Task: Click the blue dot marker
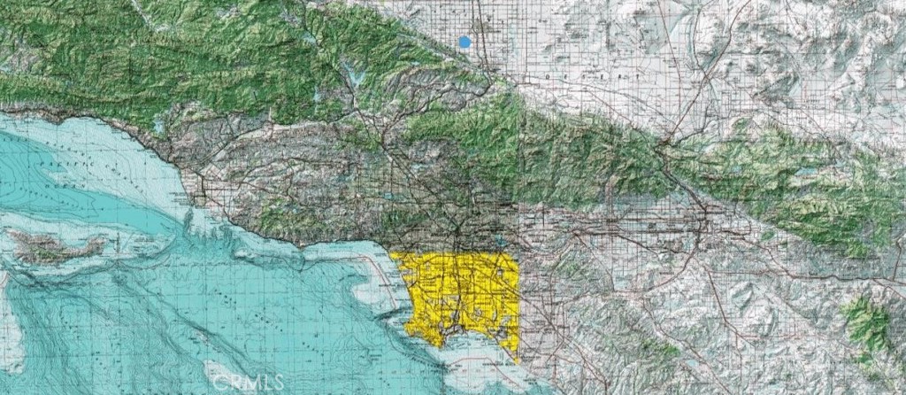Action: (x=465, y=41)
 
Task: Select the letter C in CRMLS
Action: (x=218, y=383)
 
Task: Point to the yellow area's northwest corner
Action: (x=391, y=256)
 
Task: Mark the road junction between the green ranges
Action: (x=665, y=142)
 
